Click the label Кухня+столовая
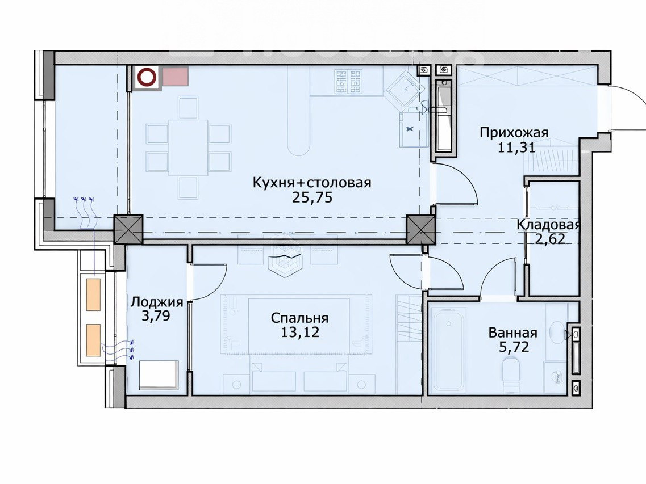(312, 182)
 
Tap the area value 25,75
(312, 198)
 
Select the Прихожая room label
(514, 133)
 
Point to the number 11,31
(516, 147)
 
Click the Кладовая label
(548, 225)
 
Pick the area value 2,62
(550, 239)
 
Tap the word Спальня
(299, 318)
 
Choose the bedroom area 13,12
(300, 332)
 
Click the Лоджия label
(157, 302)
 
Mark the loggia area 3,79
(155, 316)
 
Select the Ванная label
(513, 333)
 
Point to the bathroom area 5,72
(514, 347)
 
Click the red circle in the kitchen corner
(147, 77)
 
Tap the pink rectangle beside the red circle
(176, 77)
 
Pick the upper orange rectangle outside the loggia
(94, 294)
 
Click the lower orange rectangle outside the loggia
(94, 340)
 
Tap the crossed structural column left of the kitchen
(128, 229)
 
